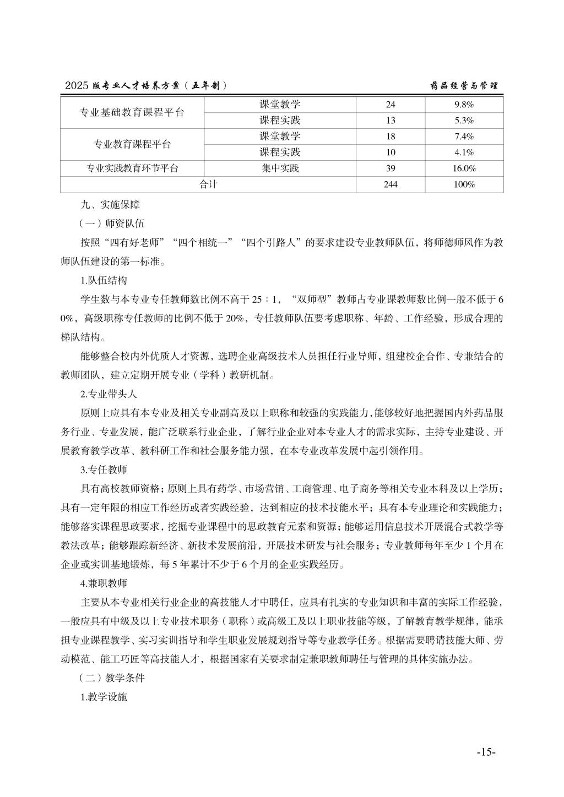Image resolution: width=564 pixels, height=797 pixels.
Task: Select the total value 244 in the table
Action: (391, 184)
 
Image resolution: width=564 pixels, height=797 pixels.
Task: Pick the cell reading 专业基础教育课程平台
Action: (132, 113)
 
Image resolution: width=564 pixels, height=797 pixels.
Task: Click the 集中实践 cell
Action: (280, 168)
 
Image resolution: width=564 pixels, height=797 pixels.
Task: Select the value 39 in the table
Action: (391, 168)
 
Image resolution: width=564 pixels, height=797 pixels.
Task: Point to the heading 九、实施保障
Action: (110, 205)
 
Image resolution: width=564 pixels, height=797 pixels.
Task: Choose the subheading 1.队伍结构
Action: (104, 280)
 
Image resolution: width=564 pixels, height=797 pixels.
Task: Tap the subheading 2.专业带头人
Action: (109, 394)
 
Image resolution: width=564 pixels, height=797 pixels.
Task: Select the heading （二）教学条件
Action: (112, 678)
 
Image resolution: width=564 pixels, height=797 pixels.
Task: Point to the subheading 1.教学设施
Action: (104, 697)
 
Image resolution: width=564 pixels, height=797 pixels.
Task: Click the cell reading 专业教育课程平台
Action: (132, 145)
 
